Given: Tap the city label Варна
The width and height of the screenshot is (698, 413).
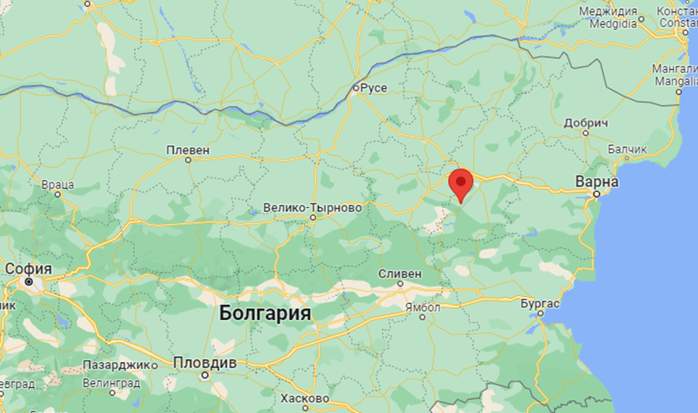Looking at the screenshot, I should [x=596, y=182].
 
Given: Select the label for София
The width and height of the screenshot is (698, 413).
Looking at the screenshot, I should [x=28, y=269].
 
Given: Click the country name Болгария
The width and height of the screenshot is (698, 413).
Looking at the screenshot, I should [x=265, y=313].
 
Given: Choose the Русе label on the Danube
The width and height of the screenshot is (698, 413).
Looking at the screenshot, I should [x=375, y=88].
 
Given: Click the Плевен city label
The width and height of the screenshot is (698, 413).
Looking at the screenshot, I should [x=188, y=150].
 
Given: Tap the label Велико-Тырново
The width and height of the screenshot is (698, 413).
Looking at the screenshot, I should [x=312, y=207].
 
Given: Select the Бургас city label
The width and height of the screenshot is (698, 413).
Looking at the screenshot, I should [x=540, y=304].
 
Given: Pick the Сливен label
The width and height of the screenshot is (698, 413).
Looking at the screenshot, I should [x=400, y=273].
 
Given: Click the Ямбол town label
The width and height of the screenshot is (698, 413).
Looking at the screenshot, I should [x=423, y=307].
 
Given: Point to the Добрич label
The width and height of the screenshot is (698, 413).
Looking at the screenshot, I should [x=586, y=123].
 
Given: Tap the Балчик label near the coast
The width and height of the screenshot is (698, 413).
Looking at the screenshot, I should [x=627, y=149].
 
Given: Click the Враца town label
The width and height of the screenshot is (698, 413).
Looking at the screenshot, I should [x=58, y=184].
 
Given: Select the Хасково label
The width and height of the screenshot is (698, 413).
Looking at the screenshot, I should [x=304, y=398].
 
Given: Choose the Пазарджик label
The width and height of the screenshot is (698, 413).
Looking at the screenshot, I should [x=119, y=364].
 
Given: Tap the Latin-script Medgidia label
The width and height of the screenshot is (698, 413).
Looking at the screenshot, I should [x=613, y=24].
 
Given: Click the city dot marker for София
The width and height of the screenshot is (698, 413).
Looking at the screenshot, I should [x=28, y=281].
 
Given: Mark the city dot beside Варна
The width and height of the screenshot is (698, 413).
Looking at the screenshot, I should [x=596, y=194].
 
